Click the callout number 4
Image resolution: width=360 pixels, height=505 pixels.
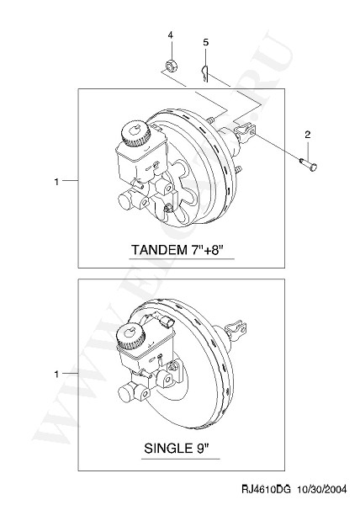pyautogui.click(x=170, y=35)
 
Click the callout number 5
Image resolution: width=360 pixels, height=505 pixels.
pyautogui.click(x=205, y=42)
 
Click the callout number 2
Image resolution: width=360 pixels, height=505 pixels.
pyautogui.click(x=308, y=135)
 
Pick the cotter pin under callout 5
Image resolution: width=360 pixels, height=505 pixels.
pyautogui.click(x=205, y=73)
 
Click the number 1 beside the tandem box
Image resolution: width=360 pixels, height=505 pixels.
pyautogui.click(x=56, y=182)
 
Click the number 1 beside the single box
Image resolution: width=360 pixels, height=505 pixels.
pyautogui.click(x=56, y=375)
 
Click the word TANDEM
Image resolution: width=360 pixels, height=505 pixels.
pyautogui.click(x=158, y=250)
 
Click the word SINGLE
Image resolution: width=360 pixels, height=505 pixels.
pyautogui.click(x=168, y=448)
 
